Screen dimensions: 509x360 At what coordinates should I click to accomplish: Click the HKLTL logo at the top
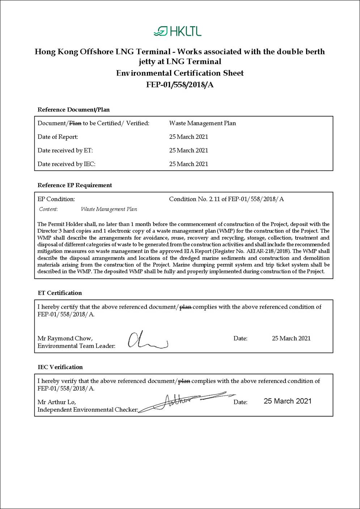[177, 31]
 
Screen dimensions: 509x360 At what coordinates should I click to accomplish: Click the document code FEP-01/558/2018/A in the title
[180, 85]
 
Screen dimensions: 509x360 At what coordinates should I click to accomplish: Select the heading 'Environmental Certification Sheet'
[180, 73]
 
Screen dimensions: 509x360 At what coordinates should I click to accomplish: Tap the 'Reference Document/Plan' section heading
[73, 110]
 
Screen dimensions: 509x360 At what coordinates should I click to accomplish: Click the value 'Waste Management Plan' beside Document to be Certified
[202, 123]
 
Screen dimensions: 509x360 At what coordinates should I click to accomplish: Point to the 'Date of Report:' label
[58, 137]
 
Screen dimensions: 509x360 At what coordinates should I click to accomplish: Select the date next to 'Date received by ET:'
[189, 150]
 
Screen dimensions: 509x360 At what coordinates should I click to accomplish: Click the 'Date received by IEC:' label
[67, 164]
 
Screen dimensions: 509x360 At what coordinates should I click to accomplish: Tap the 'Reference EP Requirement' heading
[75, 185]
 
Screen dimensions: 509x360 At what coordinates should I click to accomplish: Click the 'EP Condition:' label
[56, 199]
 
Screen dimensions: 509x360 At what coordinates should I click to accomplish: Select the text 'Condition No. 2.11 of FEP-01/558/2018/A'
[226, 199]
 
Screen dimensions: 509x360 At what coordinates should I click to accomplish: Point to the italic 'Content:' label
[48, 209]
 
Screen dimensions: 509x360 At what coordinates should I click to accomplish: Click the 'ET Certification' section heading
[60, 293]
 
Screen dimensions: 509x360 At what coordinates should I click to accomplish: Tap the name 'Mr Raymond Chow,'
[65, 338]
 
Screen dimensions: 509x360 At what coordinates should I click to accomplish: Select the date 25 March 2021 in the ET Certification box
[291, 338]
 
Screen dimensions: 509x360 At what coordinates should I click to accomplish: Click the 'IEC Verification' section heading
[60, 367]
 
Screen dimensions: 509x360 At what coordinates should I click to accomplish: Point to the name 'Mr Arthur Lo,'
[57, 402]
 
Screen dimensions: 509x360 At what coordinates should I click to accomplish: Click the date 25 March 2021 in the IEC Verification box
[287, 401]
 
